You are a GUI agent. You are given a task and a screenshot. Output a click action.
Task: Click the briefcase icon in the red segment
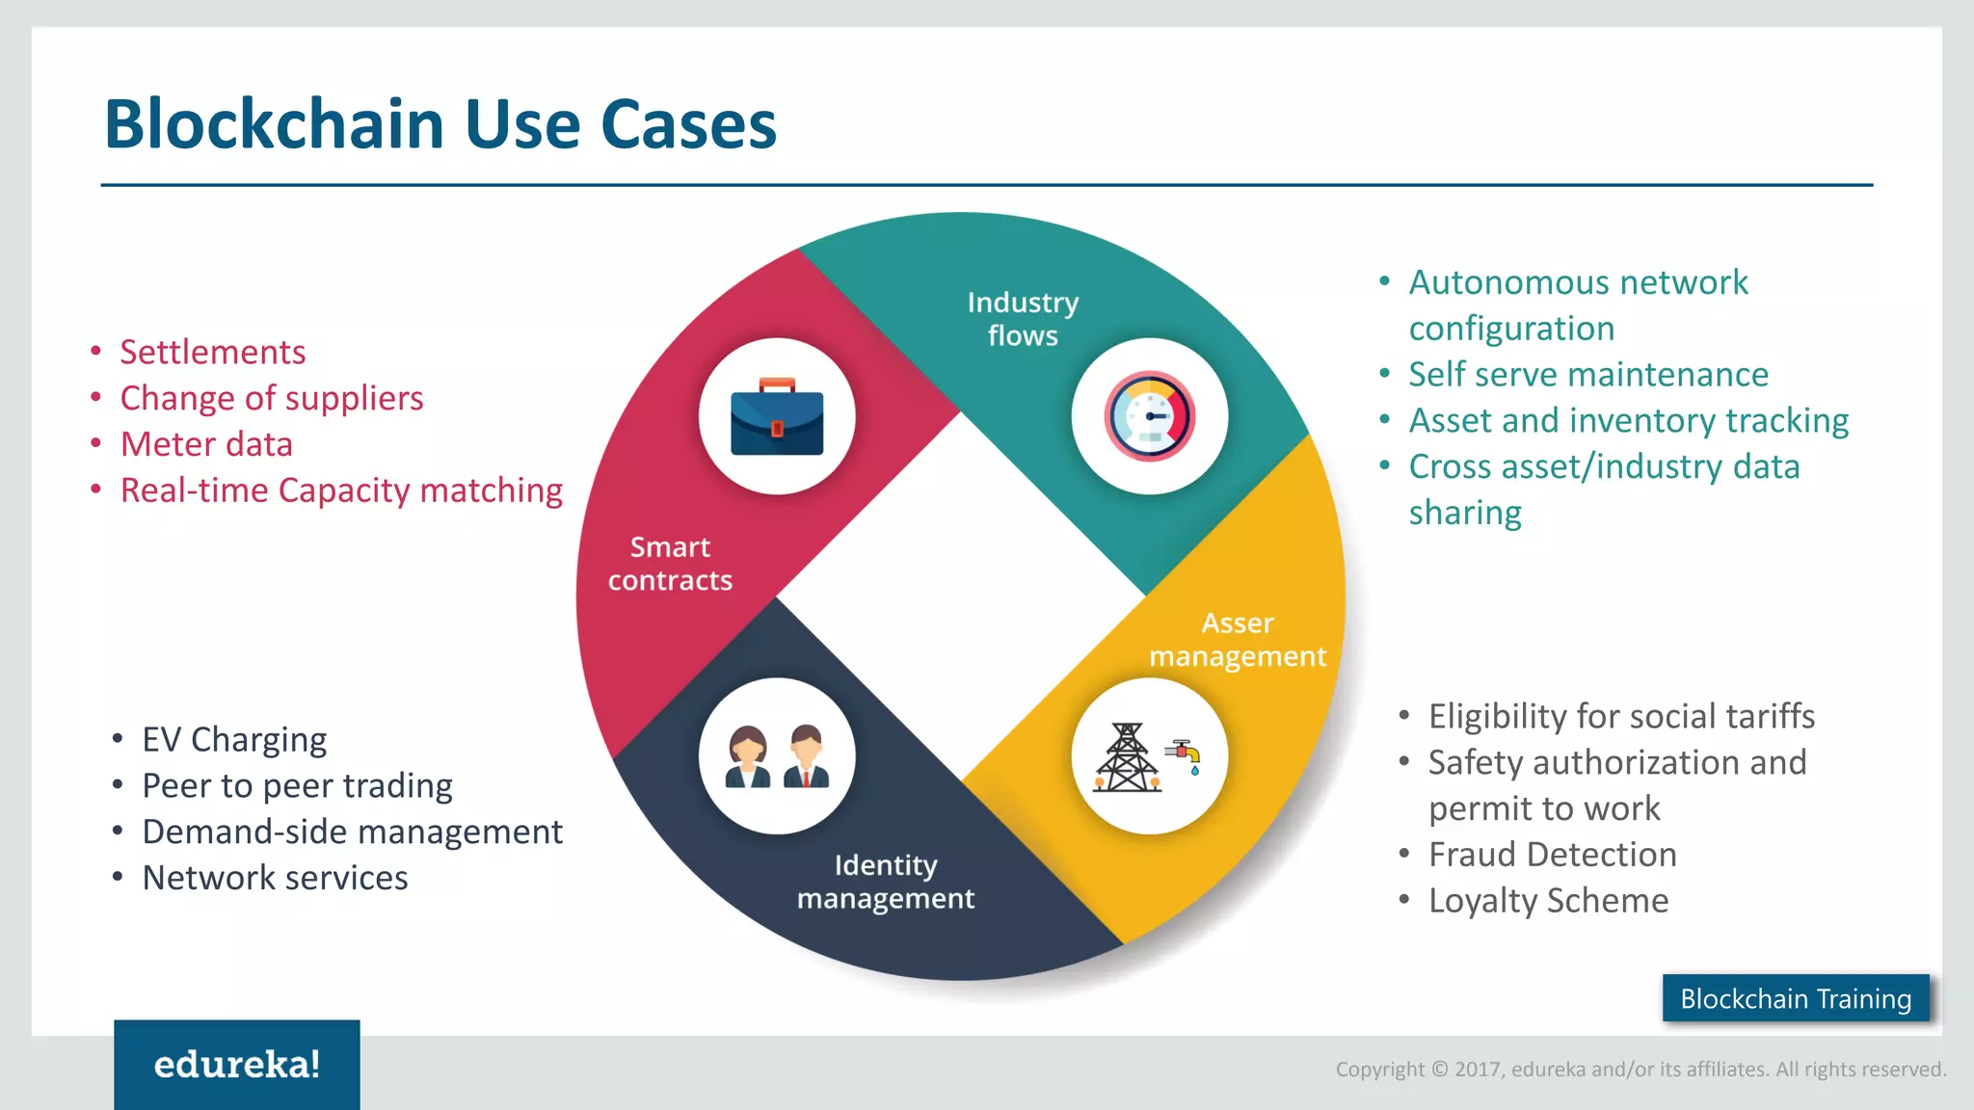point(777,418)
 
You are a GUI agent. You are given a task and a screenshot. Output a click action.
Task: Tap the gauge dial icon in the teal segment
point(1149,416)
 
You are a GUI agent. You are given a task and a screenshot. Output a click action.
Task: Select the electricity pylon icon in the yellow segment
point(1126,758)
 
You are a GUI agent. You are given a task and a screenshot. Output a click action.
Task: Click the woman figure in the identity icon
point(747,757)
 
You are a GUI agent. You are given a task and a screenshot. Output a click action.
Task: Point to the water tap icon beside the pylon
point(1185,754)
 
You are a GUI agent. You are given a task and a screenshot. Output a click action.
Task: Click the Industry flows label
point(1023,319)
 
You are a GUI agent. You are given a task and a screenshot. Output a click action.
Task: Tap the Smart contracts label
point(670,564)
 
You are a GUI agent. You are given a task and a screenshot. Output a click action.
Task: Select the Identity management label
point(885,882)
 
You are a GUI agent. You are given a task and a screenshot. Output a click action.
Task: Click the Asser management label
point(1238,640)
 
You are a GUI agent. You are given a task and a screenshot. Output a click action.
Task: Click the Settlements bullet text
point(212,353)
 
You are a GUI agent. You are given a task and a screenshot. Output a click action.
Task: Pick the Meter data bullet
point(206,445)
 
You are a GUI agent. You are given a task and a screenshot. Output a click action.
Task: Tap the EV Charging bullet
point(234,740)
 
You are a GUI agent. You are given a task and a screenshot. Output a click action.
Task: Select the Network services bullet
point(275,879)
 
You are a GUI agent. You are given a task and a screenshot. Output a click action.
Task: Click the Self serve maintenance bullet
point(1587,375)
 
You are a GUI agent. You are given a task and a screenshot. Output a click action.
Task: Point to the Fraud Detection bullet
point(1552,855)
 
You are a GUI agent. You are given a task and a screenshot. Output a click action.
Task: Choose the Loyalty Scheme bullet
point(1548,901)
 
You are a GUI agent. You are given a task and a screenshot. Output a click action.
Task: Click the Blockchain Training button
point(1795,998)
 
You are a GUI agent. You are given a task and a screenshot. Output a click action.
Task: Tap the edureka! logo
point(237,1065)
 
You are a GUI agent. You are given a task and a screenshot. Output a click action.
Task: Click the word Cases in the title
point(688,125)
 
